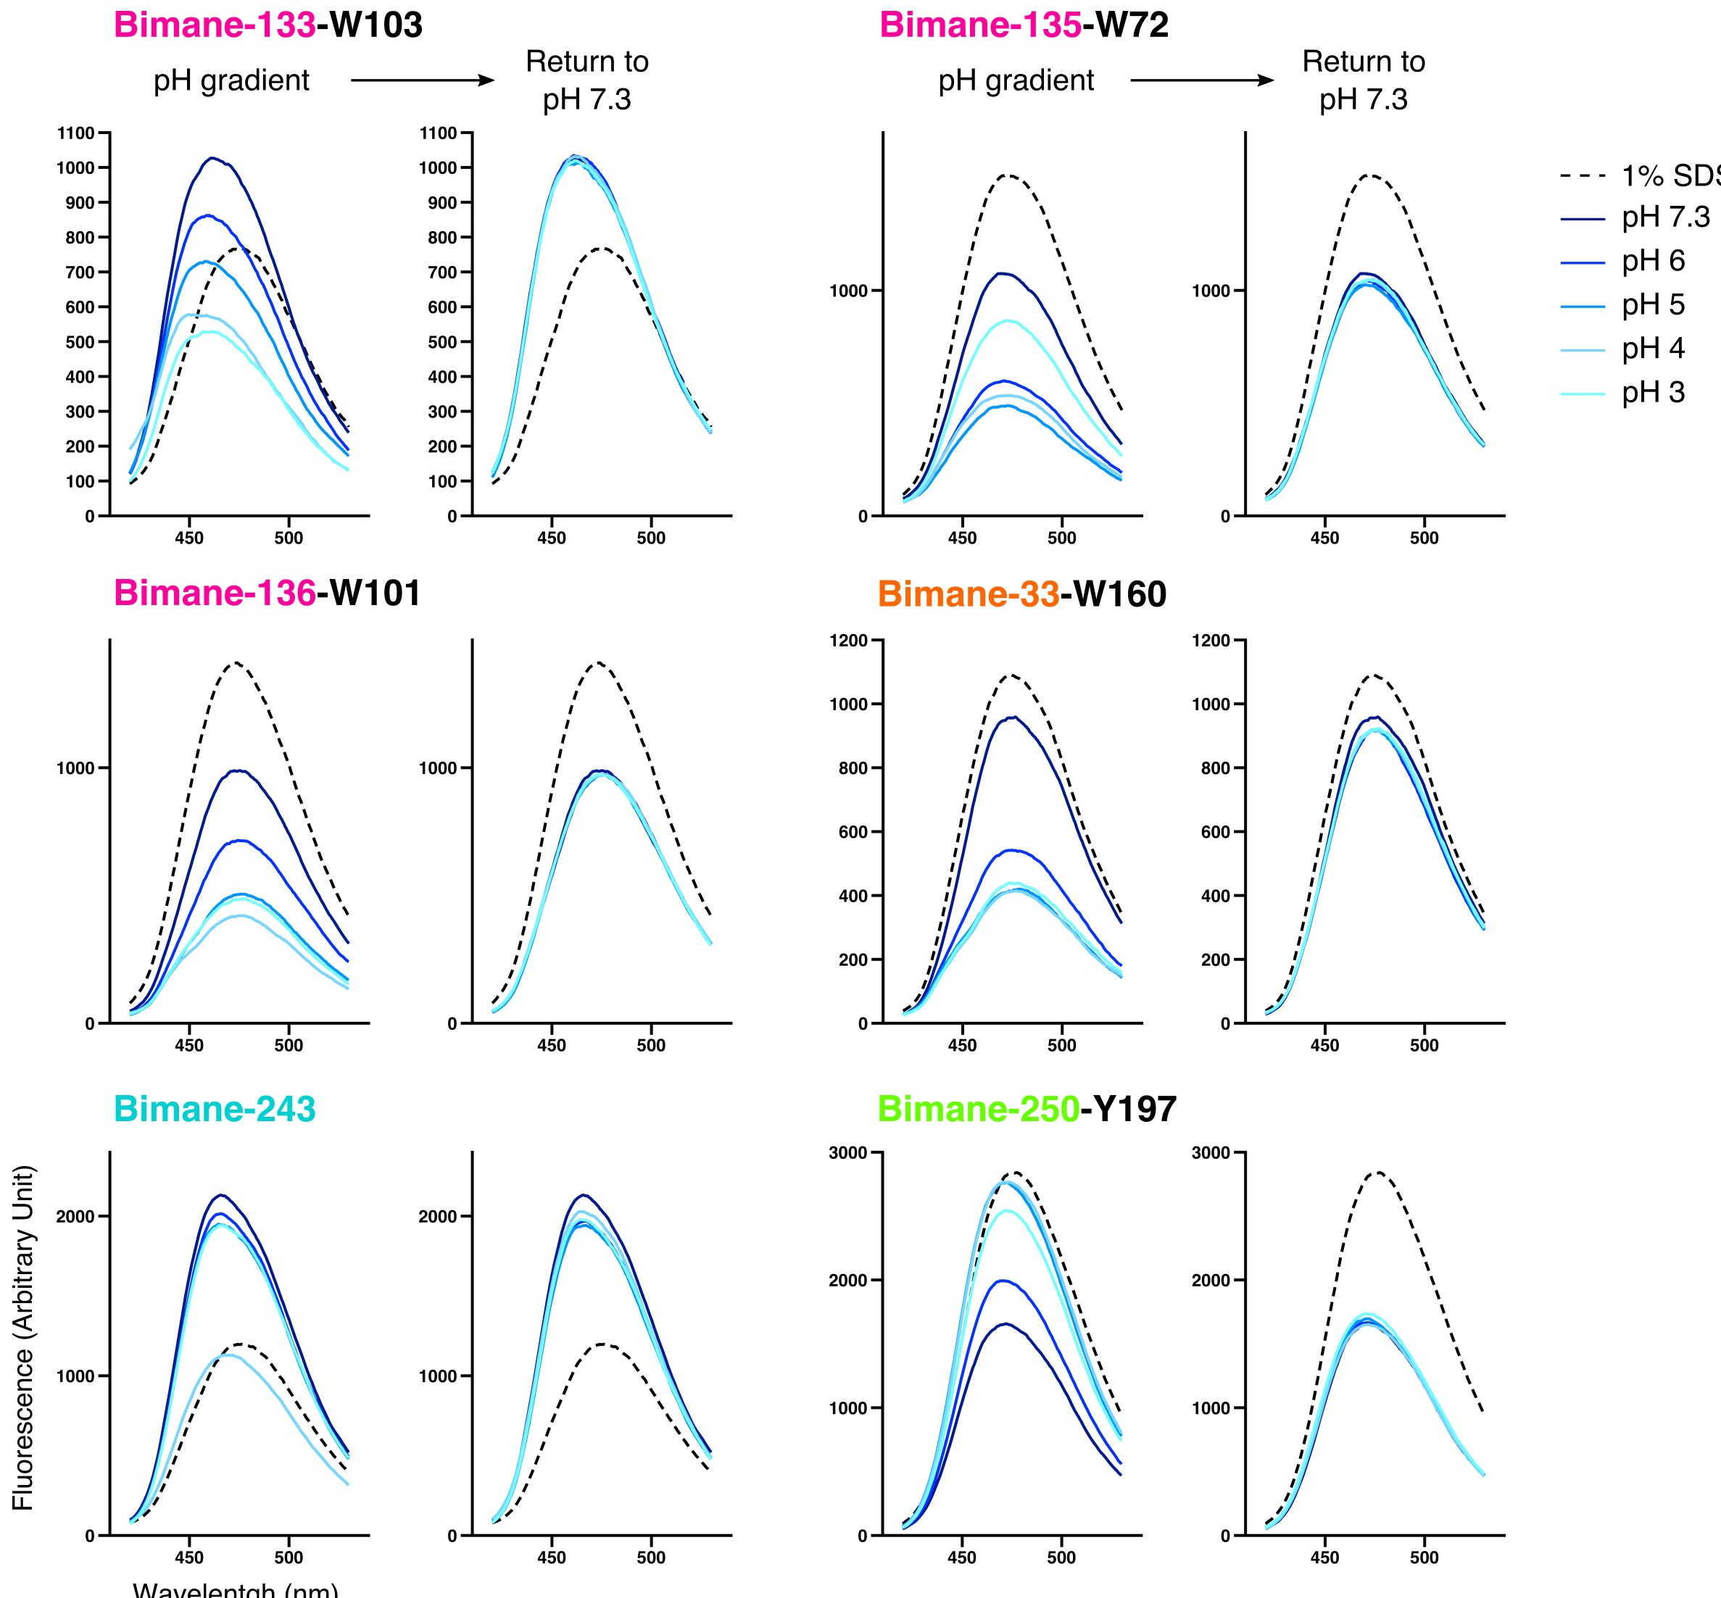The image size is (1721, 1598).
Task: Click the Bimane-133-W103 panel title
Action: pyautogui.click(x=268, y=25)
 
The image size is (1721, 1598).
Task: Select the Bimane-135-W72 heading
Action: pyautogui.click(x=1023, y=25)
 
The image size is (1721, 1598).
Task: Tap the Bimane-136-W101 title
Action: pyautogui.click(x=268, y=594)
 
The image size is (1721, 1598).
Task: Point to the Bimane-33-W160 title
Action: pyautogui.click(x=1021, y=594)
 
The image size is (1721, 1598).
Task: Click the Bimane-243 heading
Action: pyautogui.click(x=215, y=1109)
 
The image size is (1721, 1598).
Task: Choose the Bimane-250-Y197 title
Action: pyautogui.click(x=1027, y=1109)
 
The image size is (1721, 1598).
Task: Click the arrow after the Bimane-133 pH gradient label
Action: pyautogui.click(x=422, y=80)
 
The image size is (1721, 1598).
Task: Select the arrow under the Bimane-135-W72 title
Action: pyautogui.click(x=1202, y=80)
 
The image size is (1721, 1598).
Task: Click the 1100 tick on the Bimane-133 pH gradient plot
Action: pyautogui.click(x=76, y=133)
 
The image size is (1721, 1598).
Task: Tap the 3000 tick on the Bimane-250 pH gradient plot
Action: pyautogui.click(x=847, y=1153)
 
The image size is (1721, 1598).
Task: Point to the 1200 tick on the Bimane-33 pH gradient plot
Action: pyautogui.click(x=847, y=641)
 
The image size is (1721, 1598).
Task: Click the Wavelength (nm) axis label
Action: pyautogui.click(x=235, y=1589)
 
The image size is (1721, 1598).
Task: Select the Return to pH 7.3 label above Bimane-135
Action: pyautogui.click(x=1363, y=80)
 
